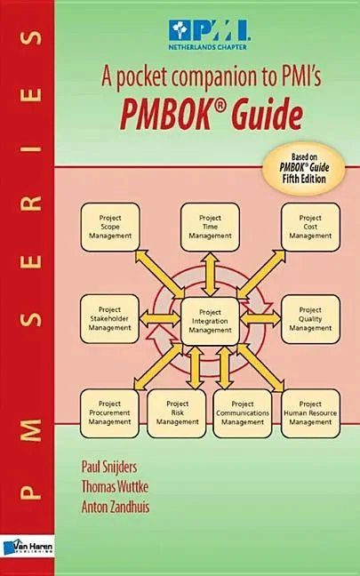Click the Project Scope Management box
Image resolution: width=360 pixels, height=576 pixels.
(110, 227)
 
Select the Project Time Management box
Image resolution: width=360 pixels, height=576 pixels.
(210, 227)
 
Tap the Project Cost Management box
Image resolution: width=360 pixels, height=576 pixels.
(310, 227)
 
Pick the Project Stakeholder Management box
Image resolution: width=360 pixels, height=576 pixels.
(110, 319)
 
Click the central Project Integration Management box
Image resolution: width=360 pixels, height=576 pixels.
(210, 321)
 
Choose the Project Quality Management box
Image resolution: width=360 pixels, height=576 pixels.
(310, 319)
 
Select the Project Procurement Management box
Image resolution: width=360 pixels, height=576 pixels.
(110, 413)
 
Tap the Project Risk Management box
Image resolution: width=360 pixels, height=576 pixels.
(177, 413)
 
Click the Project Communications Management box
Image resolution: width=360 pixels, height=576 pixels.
(243, 413)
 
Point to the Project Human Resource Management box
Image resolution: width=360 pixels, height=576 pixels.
(310, 413)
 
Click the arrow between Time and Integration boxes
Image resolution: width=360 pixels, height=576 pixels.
(210, 275)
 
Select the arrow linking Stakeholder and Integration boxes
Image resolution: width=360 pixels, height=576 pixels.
(160, 318)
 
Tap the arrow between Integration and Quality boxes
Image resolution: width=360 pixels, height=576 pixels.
(260, 318)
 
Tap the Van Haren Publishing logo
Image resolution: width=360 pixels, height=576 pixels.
(28, 548)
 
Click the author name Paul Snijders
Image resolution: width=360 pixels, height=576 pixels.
(109, 468)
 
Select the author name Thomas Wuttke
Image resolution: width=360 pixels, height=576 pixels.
(115, 487)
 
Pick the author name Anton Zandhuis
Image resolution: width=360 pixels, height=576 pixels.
(116, 507)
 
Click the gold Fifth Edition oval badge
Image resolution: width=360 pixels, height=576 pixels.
(303, 168)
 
